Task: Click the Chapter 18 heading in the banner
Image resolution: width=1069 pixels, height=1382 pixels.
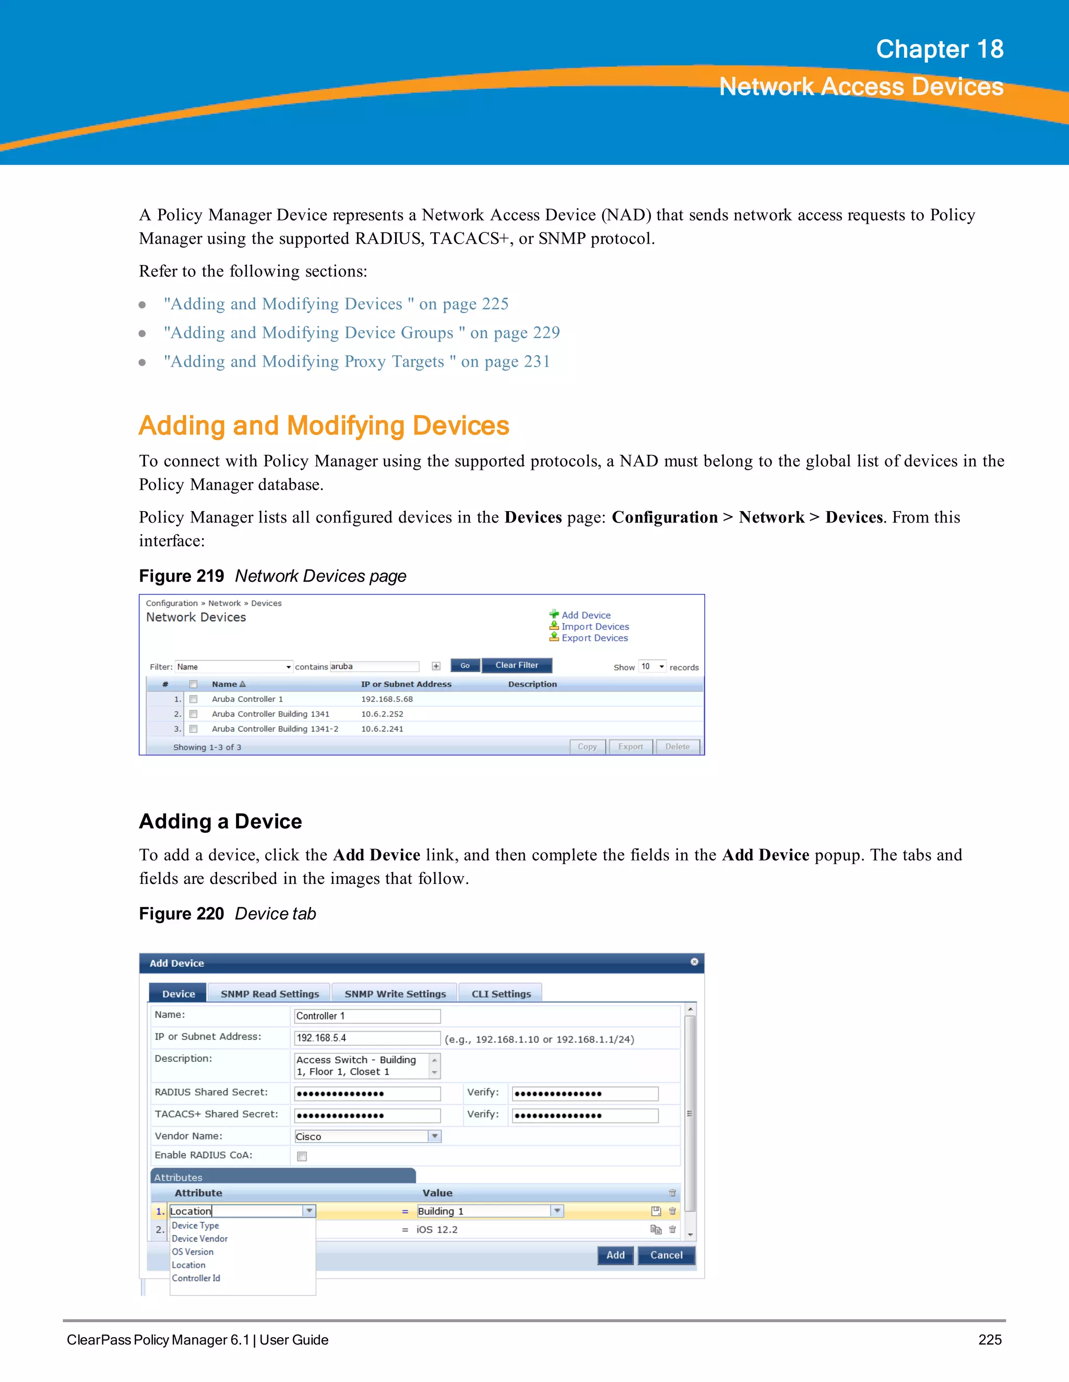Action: [x=939, y=50]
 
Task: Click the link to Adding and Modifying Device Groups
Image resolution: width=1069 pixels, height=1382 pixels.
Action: [x=362, y=333]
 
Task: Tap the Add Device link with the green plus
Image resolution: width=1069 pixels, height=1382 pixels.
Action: [x=585, y=615]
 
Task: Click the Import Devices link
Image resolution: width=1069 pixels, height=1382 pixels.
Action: [x=595, y=626]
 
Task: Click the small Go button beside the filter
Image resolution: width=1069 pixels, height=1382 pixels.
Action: [x=465, y=665]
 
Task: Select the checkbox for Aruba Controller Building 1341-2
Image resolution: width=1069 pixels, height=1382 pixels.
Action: [x=194, y=729]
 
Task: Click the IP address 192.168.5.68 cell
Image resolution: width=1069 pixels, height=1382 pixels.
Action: [x=387, y=699]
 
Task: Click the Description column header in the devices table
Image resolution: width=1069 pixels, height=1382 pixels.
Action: [x=532, y=684]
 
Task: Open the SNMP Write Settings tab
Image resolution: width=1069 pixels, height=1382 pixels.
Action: [x=395, y=993]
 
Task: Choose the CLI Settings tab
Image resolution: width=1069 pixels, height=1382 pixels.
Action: [x=501, y=993]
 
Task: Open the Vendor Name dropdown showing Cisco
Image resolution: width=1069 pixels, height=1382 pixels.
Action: [x=434, y=1136]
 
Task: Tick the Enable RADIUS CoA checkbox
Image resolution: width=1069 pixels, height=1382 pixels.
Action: [x=302, y=1157]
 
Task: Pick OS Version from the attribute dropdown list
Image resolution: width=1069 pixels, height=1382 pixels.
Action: [x=193, y=1252]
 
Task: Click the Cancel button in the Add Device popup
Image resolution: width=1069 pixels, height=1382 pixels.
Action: [x=666, y=1255]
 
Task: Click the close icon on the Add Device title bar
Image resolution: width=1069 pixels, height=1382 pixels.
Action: [x=694, y=962]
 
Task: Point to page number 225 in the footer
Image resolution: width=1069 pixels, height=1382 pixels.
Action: [x=989, y=1340]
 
